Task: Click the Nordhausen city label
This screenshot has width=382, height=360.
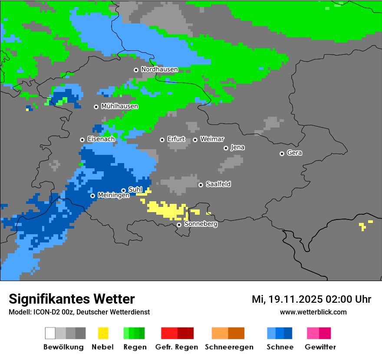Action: [x=159, y=69]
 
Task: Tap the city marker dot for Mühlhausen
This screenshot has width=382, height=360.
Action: [x=96, y=107]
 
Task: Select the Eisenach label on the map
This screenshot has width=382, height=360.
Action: [x=101, y=139]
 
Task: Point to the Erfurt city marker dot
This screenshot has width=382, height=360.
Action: [x=162, y=140]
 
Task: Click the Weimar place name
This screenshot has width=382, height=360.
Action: [x=212, y=139]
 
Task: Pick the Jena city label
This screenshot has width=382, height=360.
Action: [x=238, y=147]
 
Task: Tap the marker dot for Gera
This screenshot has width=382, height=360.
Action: [x=282, y=154]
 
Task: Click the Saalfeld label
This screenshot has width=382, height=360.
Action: [x=218, y=184]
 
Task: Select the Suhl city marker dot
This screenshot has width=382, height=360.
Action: [x=123, y=190]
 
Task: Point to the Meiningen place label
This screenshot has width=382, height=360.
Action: [x=114, y=196]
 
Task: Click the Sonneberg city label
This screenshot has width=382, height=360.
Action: [x=201, y=224]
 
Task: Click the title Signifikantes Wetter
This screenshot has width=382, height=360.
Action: [x=72, y=299]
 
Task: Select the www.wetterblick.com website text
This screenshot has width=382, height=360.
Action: [x=313, y=312]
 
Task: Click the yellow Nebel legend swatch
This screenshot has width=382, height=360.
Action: [x=103, y=333]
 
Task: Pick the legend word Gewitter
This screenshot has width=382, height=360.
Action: [x=320, y=347]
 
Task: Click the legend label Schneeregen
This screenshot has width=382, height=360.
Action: [x=229, y=347]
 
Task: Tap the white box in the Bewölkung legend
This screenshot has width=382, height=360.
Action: [x=50, y=333]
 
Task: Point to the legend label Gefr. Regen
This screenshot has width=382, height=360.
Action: [x=177, y=347]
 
